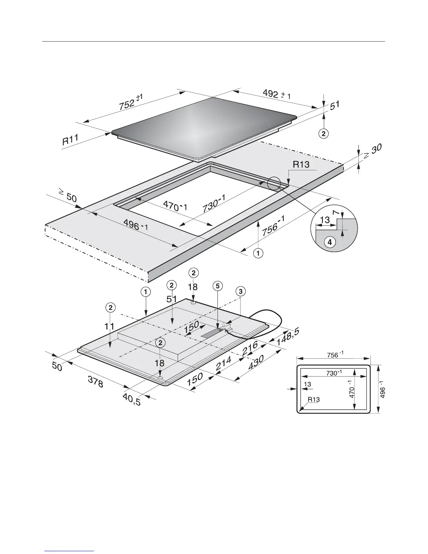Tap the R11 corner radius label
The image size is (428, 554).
[x=70, y=140]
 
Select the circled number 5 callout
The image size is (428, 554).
[x=217, y=286]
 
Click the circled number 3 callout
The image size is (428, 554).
[x=241, y=291]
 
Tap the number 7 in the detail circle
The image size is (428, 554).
[x=336, y=213]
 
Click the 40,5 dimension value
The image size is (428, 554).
[x=132, y=399]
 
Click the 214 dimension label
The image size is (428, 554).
[x=223, y=364]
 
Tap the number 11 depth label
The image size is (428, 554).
[x=110, y=326]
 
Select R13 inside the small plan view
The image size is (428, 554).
[x=314, y=399]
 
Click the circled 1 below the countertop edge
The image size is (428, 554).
[x=258, y=253]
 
